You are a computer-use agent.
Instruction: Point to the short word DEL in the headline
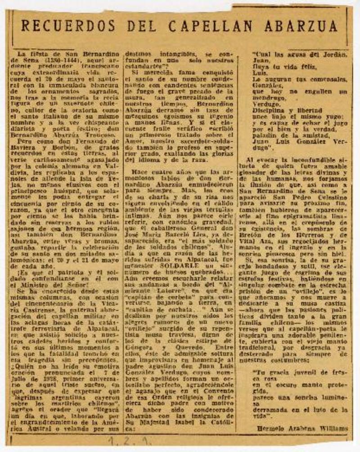[x=141, y=26]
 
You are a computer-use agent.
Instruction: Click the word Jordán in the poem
[x=335, y=54]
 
